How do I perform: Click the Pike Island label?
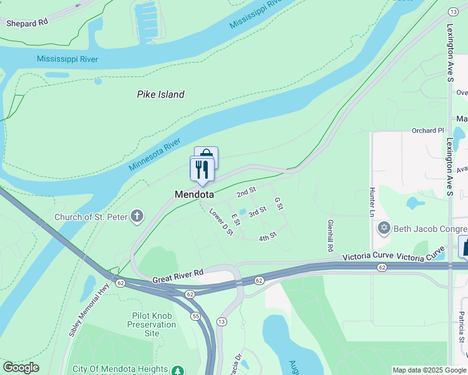161,94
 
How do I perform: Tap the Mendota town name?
194,195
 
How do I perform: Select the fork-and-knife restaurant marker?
202,169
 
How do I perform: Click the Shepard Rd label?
27,23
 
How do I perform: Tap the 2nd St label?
247,191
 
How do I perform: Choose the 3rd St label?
257,212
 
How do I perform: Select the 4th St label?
268,236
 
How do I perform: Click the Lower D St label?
221,222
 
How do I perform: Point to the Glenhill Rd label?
330,236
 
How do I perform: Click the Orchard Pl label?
427,131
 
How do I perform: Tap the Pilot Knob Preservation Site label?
152,324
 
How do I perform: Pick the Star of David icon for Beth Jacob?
384,228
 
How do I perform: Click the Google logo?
21,367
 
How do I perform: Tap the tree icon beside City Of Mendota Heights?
178,370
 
